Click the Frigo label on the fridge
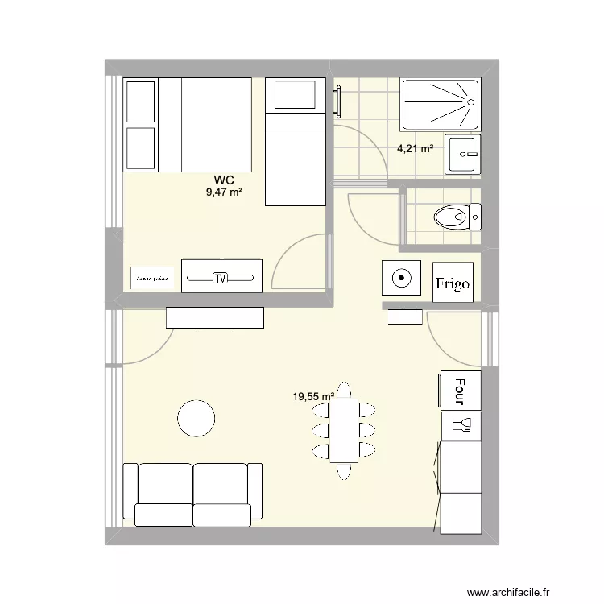(x=453, y=283)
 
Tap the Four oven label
(x=461, y=391)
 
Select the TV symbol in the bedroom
(x=221, y=279)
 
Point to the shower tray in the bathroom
(x=441, y=104)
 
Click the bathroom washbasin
(x=463, y=155)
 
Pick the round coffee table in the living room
(x=196, y=417)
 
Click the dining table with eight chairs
(x=344, y=430)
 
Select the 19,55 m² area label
(x=313, y=396)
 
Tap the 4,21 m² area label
(x=415, y=147)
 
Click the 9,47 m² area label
(x=224, y=192)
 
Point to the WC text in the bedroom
(x=224, y=180)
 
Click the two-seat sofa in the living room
(x=192, y=493)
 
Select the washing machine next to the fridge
(x=400, y=279)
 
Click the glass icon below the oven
(x=461, y=424)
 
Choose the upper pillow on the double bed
(x=139, y=101)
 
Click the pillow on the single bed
(x=295, y=95)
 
